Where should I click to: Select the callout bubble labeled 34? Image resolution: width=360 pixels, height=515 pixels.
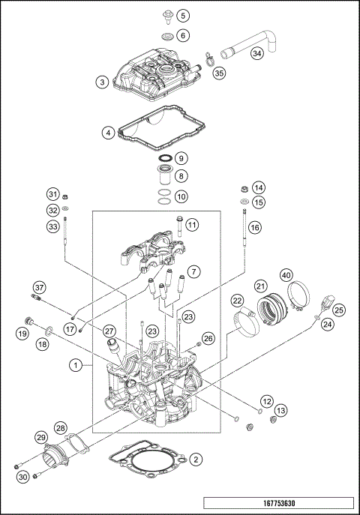click(257, 53)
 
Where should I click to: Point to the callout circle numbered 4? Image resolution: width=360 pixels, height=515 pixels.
click(109, 133)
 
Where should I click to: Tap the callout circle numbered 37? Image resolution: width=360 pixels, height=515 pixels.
click(39, 288)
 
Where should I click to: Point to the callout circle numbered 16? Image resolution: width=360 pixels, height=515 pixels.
click(255, 226)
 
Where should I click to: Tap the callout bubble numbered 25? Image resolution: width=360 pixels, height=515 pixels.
click(339, 309)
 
